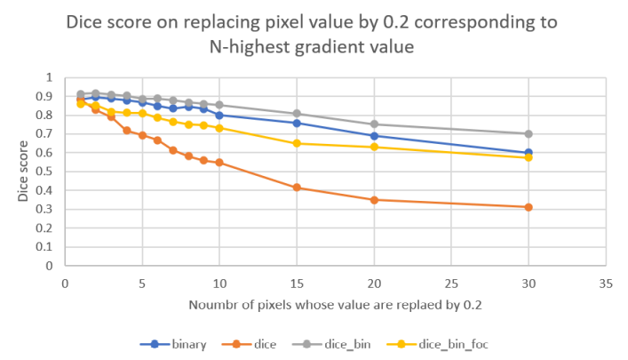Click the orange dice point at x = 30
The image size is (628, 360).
529,207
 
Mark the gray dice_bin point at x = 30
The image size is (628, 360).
529,133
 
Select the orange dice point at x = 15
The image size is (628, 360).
297,188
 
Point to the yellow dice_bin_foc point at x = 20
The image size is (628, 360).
374,147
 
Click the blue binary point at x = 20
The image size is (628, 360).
374,136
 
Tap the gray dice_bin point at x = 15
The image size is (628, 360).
297,114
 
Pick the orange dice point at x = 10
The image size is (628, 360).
219,163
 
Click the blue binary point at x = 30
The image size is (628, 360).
529,153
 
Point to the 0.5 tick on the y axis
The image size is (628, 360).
46,172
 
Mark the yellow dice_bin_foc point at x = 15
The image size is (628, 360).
297,143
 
